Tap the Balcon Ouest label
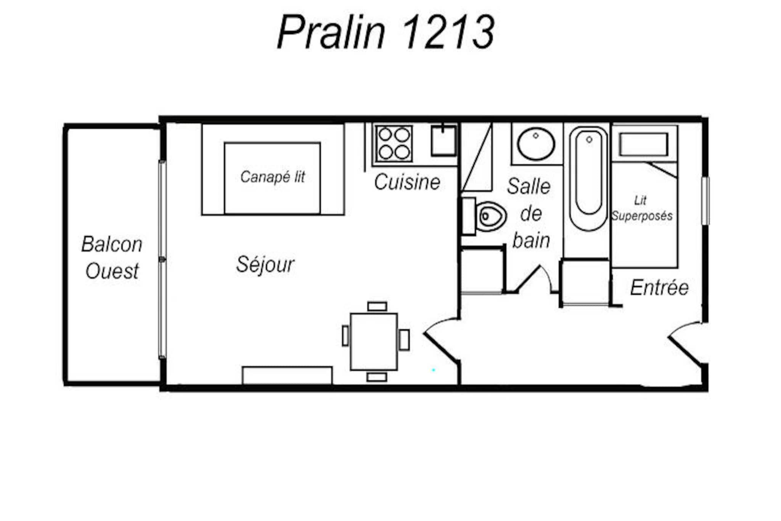coord(112,257)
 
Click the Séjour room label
coord(265,264)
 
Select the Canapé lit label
coord(273,177)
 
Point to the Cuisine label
coord(407,182)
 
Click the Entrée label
coord(659,287)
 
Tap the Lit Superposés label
coord(642,208)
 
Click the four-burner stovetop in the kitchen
coord(394,143)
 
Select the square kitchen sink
coord(444,140)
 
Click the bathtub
coord(588,179)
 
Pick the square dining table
coord(374,342)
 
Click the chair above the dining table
coord(377,306)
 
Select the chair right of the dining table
coord(404,340)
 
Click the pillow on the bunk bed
coord(644,144)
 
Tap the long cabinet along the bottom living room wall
coord(287,376)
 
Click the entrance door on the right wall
coord(687,344)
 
